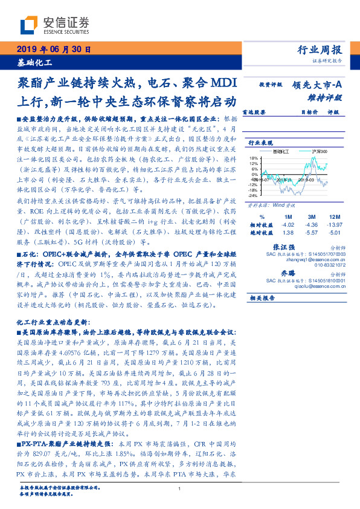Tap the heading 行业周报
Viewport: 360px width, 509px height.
coord(321,50)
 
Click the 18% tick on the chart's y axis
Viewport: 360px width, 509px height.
coord(254,158)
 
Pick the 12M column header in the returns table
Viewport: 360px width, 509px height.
coord(333,216)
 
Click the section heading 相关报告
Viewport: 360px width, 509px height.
coord(263,298)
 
